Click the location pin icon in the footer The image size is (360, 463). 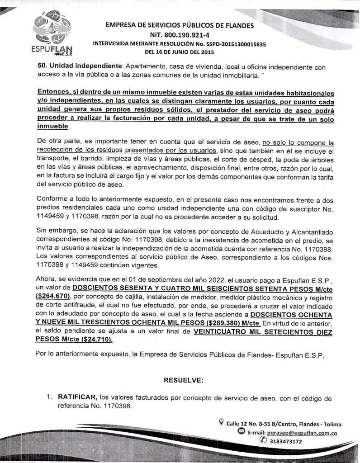[x=221, y=422]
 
